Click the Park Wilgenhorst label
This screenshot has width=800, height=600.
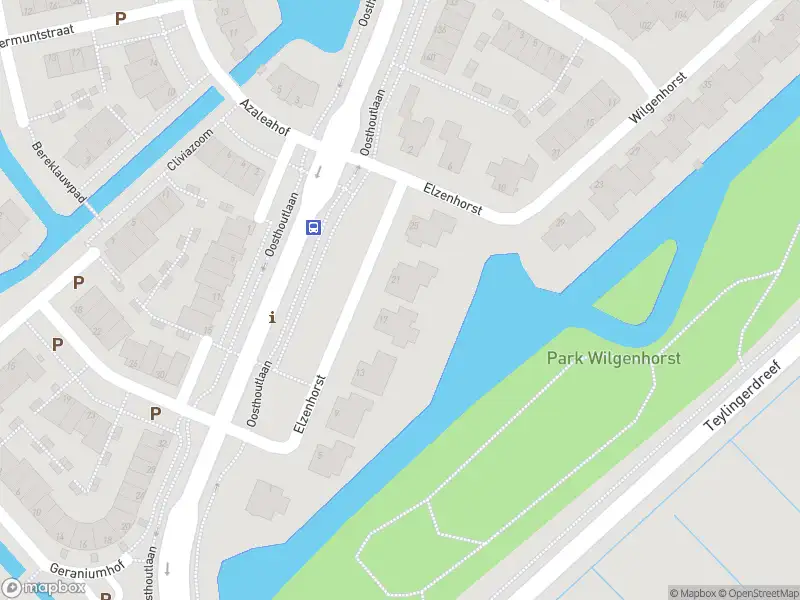tap(613, 358)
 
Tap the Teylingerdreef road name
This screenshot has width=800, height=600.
tap(743, 396)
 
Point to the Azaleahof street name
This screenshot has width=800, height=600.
tap(263, 120)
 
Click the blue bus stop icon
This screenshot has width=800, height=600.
tap(314, 227)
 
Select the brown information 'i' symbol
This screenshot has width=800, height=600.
tap(272, 318)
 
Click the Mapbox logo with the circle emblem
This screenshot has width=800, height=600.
tap(42, 586)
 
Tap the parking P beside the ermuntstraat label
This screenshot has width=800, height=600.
tap(121, 18)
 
